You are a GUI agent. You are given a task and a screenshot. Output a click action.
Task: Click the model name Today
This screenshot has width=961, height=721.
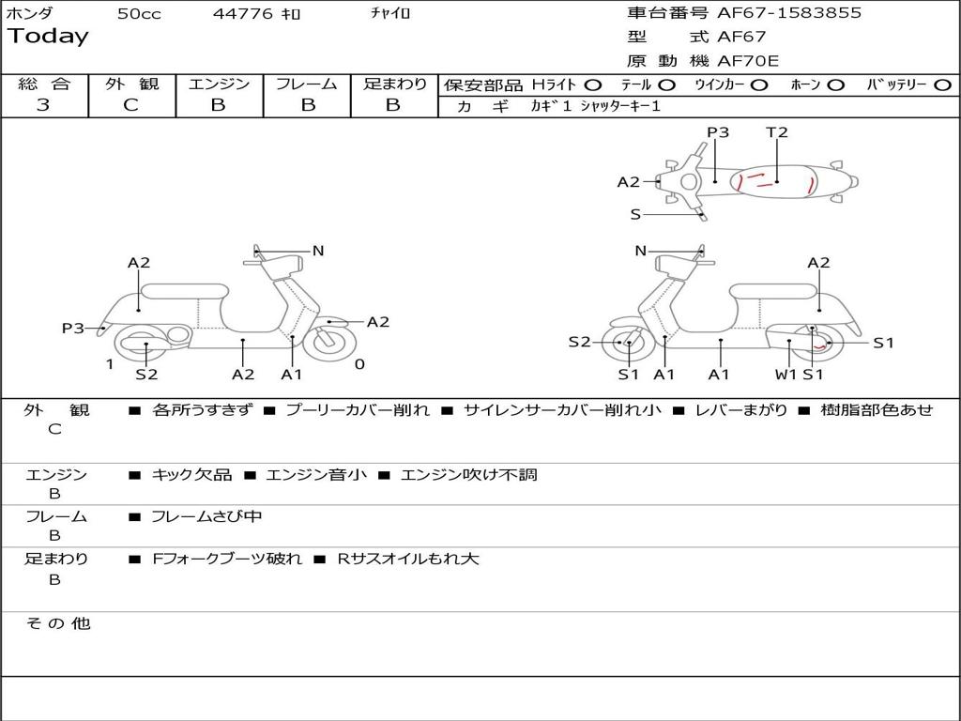click(48, 37)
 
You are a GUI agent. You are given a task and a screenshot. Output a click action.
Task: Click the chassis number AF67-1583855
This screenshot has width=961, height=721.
click(788, 13)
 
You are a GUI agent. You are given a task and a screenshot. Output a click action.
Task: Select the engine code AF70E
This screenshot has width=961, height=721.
click(748, 61)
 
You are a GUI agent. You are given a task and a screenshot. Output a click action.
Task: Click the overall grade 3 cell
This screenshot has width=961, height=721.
click(43, 105)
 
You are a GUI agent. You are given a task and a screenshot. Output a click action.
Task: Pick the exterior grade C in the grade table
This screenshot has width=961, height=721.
click(131, 105)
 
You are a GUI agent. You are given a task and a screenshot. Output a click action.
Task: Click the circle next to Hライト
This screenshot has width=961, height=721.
click(592, 85)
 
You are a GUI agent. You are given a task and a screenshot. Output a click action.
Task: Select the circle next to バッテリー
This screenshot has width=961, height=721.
click(942, 85)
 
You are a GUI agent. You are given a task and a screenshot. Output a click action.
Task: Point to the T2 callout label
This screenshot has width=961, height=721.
click(776, 132)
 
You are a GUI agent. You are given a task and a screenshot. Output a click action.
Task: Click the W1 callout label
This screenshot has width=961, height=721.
click(786, 374)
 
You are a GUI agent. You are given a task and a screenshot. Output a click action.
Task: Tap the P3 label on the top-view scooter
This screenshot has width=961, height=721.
click(718, 132)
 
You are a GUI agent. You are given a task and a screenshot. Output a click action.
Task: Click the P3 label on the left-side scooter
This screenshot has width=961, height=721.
click(73, 328)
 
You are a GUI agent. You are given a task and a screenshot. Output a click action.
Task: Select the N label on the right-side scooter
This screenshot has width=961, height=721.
click(640, 251)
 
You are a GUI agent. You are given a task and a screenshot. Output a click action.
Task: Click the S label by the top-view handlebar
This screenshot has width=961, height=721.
click(635, 215)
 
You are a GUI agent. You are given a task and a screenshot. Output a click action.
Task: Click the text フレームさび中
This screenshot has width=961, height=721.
click(206, 517)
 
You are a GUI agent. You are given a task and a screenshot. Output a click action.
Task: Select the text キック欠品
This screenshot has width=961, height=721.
click(191, 474)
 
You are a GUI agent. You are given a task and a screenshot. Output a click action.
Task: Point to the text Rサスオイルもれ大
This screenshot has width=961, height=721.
click(408, 559)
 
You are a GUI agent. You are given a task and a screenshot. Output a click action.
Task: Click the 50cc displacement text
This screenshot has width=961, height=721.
click(139, 13)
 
